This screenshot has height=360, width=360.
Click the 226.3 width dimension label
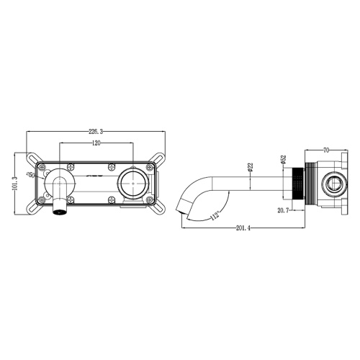click(96, 132)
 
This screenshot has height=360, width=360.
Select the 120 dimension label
click(96, 143)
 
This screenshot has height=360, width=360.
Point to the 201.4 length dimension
click(243, 228)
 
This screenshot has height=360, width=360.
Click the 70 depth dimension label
click(326, 150)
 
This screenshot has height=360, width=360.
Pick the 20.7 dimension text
click(283, 210)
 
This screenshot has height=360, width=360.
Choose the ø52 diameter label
click(283, 160)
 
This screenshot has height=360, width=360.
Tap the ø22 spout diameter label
click(250, 167)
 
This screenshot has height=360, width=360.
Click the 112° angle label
click(215, 215)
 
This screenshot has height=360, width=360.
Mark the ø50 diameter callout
click(32, 174)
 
